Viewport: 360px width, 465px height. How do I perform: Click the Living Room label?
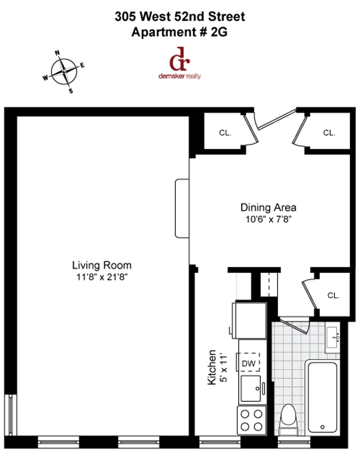tap(102, 265)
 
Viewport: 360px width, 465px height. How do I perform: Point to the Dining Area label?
tap(268, 208)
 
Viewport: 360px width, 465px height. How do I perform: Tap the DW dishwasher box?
tap(249, 362)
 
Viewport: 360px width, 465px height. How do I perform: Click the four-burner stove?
tap(252, 420)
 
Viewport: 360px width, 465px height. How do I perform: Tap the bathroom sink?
tap(333, 337)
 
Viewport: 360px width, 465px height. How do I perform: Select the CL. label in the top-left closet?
tap(225, 133)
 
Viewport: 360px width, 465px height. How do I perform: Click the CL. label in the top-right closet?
tap(329, 133)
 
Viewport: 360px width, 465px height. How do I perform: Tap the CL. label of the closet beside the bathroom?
tap(333, 296)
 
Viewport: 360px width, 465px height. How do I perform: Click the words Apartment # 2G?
tap(180, 32)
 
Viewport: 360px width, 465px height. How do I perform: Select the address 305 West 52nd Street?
tap(180, 17)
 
